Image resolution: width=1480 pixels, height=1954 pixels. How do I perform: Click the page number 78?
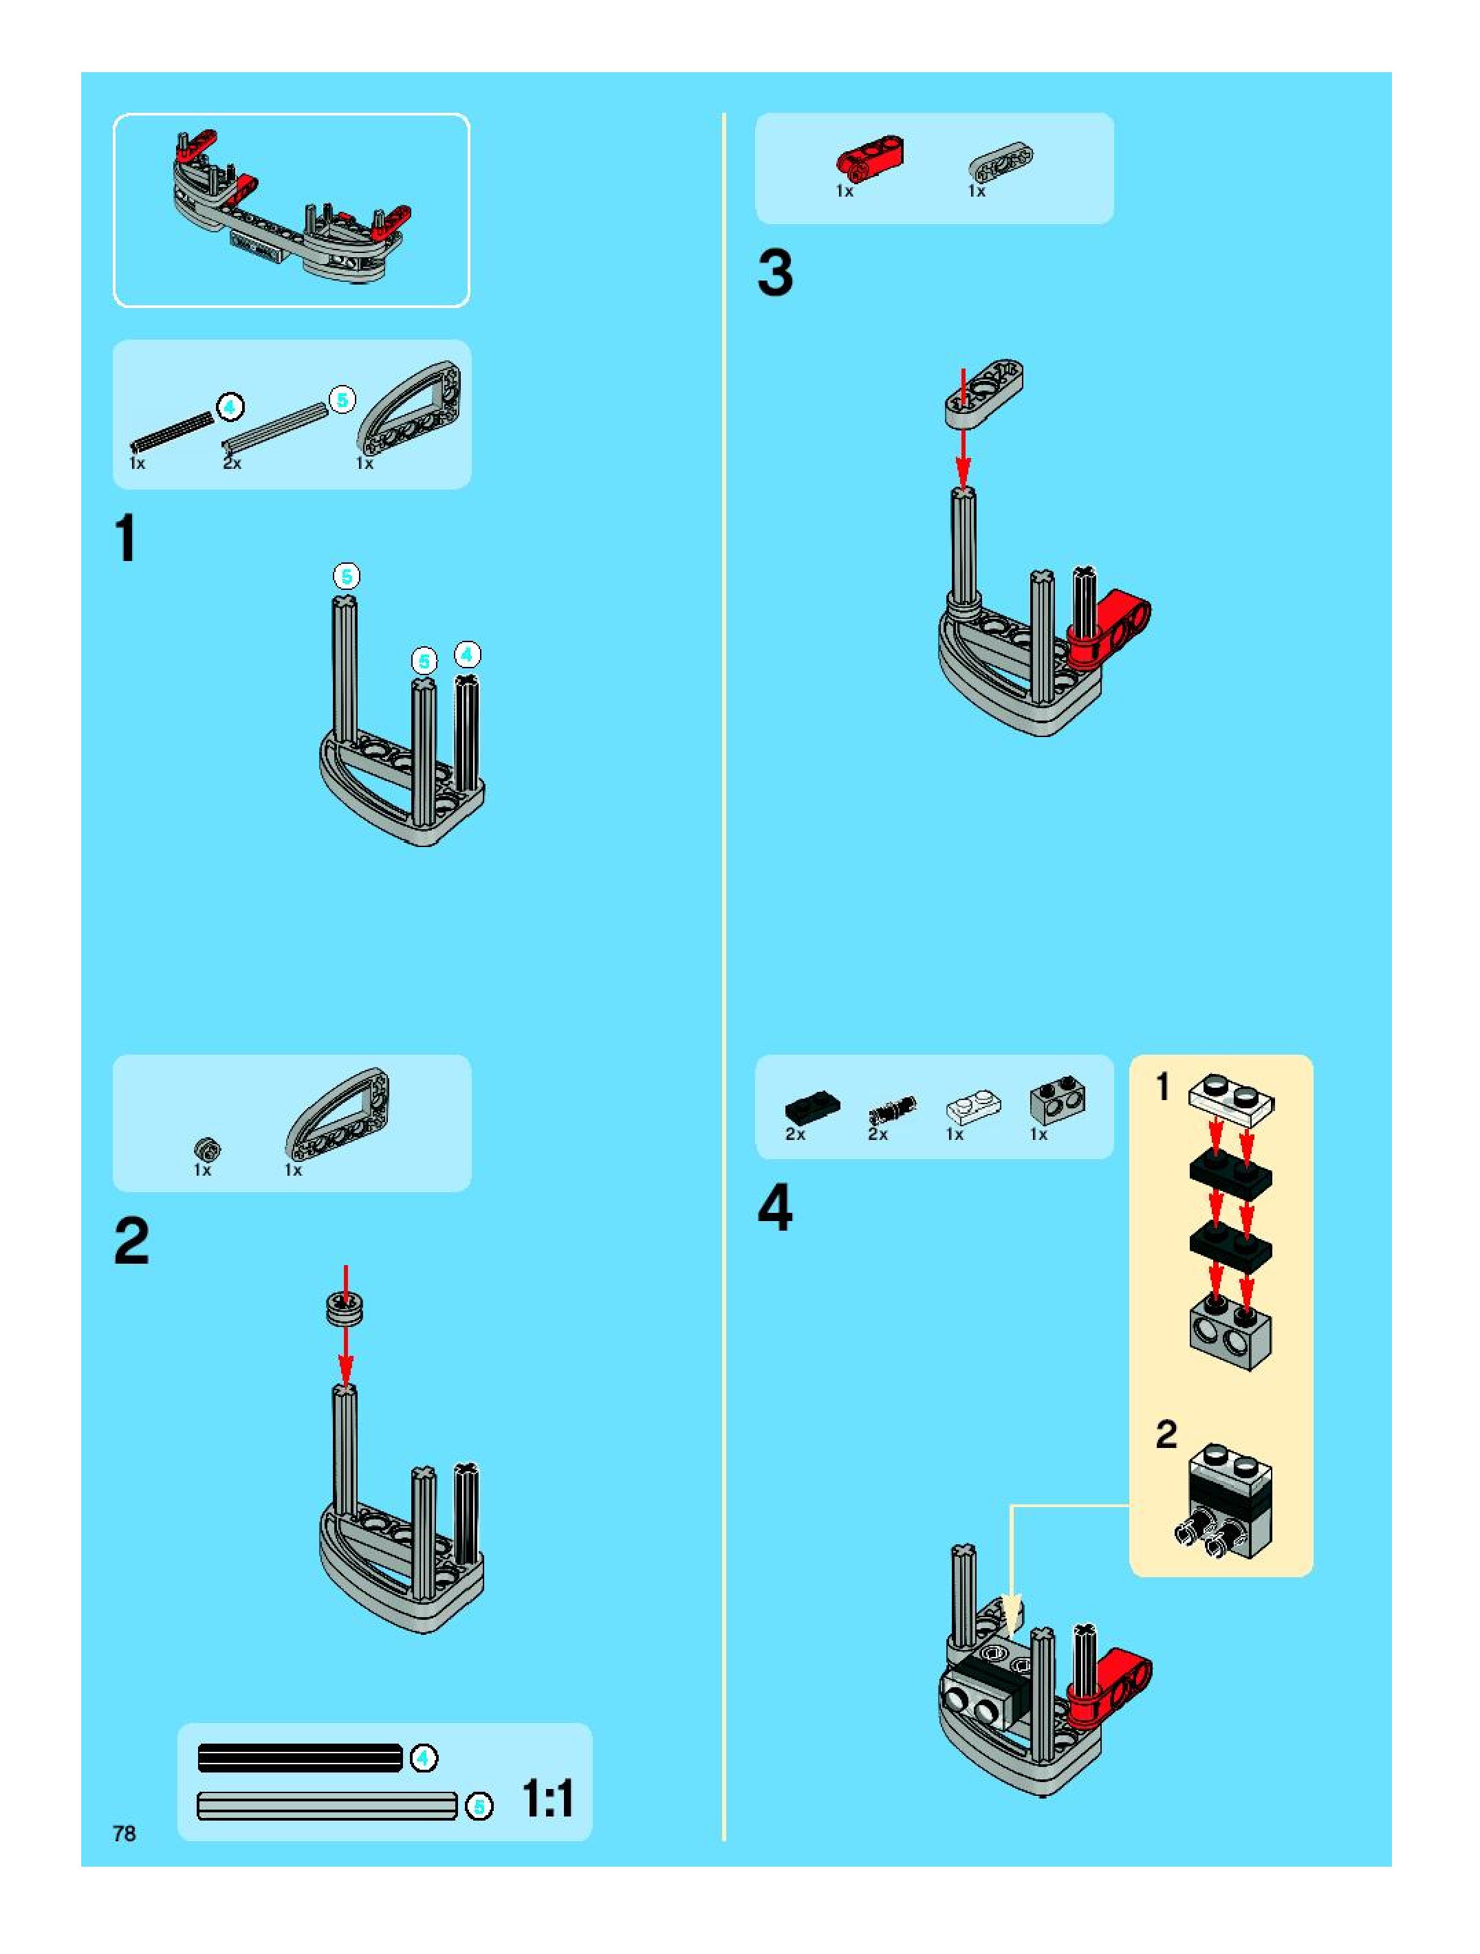pyautogui.click(x=124, y=1833)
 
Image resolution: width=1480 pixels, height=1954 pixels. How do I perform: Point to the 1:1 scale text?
pyautogui.click(x=548, y=1799)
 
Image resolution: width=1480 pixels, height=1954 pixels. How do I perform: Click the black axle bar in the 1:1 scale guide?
pyautogui.click(x=301, y=1758)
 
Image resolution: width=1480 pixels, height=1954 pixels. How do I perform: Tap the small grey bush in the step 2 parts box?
pyautogui.click(x=207, y=1150)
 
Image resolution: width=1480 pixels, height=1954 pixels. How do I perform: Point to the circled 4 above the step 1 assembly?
pyautogui.click(x=466, y=655)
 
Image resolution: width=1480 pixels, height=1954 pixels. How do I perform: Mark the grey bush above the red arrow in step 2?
pyautogui.click(x=345, y=1308)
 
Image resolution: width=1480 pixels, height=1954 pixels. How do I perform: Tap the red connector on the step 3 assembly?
pyautogui.click(x=1110, y=630)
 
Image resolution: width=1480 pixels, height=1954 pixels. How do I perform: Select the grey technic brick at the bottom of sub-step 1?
pyautogui.click(x=1232, y=1333)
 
